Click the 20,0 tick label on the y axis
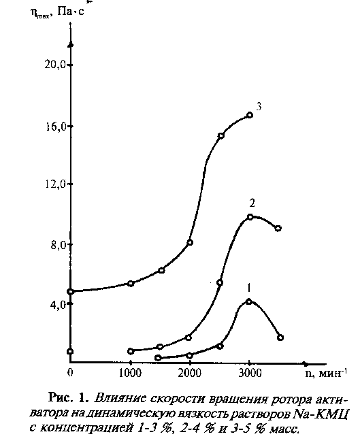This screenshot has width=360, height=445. pos(55,65)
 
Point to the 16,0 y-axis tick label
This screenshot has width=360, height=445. pos(56,127)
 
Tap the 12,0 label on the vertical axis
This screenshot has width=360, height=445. pos(56,184)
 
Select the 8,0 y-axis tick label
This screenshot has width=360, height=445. pos(59,244)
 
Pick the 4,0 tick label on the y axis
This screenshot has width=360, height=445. pos(59,304)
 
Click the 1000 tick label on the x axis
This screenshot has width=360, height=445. pos(130,373)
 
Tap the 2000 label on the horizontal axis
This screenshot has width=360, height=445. pos(190,373)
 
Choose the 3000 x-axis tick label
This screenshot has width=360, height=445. pos(250,373)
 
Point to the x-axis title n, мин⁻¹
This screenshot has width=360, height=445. pos(327,373)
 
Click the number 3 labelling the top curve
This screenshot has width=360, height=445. pos(259,107)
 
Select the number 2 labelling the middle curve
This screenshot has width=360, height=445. pos(252,203)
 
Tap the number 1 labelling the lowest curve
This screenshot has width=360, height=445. pos(248,288)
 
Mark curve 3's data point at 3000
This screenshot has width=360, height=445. pos(250,115)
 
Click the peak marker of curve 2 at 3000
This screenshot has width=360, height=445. pos(250,217)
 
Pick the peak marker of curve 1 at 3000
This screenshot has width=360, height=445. pos(249,301)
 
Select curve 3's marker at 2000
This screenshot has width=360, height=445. pos(190,242)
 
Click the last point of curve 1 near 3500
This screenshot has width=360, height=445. pos(280,337)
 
